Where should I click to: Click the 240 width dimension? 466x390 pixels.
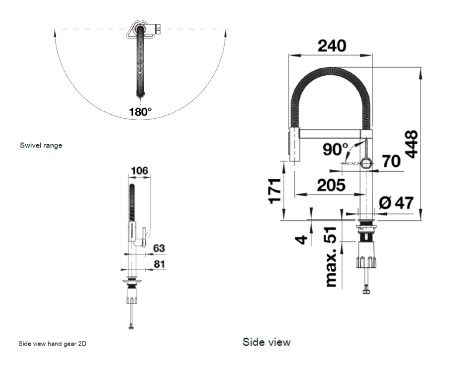pos(332,46)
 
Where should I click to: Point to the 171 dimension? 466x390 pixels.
pos(274,190)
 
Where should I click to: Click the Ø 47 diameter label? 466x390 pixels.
pos(396,202)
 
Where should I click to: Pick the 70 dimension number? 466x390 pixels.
pos(391,161)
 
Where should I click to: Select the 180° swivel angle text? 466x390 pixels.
pos(140,112)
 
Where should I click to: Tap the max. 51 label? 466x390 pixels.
pos(331,257)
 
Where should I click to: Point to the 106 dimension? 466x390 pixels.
pos(139,171)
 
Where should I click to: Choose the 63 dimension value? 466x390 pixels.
pos(159,247)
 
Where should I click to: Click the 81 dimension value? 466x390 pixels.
pos(159,264)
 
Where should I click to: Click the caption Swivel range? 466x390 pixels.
pos(41,146)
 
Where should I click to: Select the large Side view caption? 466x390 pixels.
pos(266,342)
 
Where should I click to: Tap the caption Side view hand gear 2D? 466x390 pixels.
pos(52,343)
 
